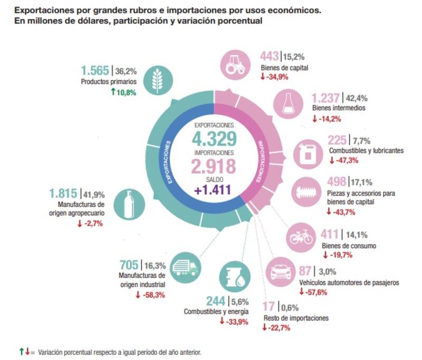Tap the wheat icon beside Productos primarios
[x=157, y=80]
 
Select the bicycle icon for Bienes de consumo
[x=302, y=237]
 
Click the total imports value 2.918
[x=214, y=167]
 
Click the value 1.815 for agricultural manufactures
[x=62, y=193]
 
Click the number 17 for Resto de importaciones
[x=270, y=306]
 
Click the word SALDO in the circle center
[x=213, y=179]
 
